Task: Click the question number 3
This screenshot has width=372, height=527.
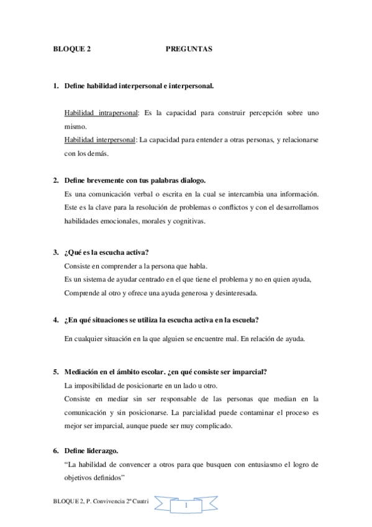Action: click(55, 253)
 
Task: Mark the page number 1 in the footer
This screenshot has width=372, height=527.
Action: click(185, 508)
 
